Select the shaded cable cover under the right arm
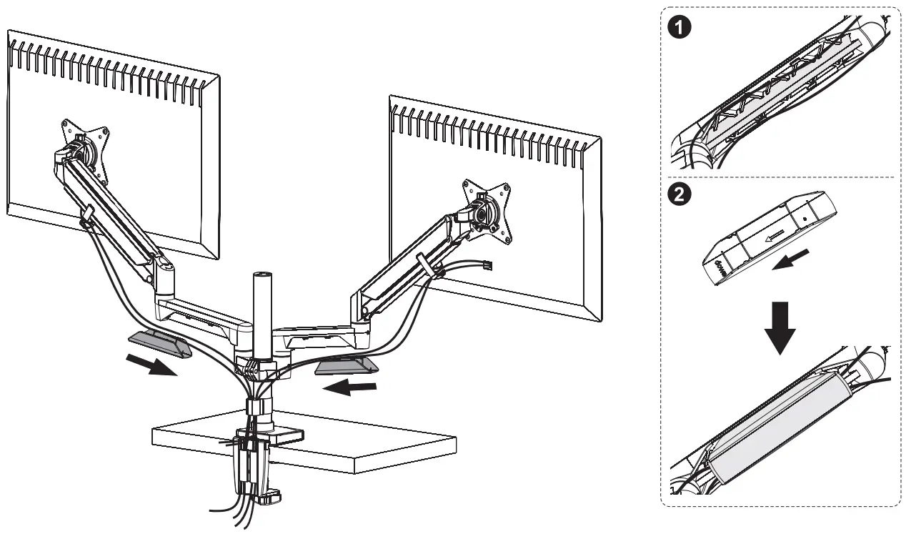tap(345, 366)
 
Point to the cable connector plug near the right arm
tap(488, 267)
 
